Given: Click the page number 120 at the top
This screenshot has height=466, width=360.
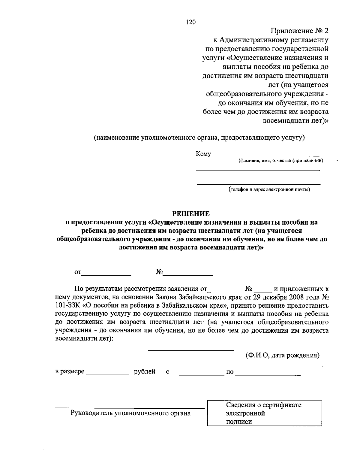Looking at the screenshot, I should (x=191, y=22).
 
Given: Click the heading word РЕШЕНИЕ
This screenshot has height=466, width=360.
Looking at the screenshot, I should (x=191, y=214).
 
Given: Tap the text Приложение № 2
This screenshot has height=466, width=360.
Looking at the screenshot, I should (x=300, y=31).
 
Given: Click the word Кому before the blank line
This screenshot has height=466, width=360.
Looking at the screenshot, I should (x=203, y=154).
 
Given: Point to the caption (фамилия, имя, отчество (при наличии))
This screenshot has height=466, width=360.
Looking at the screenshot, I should (x=281, y=161).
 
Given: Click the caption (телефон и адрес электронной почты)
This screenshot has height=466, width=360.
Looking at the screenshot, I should (x=269, y=189).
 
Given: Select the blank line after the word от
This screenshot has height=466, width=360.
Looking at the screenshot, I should (x=106, y=274).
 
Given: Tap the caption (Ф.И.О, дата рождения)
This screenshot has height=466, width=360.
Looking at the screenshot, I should (x=282, y=355).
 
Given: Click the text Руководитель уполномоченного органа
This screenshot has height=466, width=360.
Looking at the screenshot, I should (x=130, y=413).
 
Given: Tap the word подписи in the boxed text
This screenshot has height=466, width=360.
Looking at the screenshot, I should (x=239, y=422).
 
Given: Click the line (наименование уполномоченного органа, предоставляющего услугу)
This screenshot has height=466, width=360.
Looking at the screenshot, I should (x=199, y=138).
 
